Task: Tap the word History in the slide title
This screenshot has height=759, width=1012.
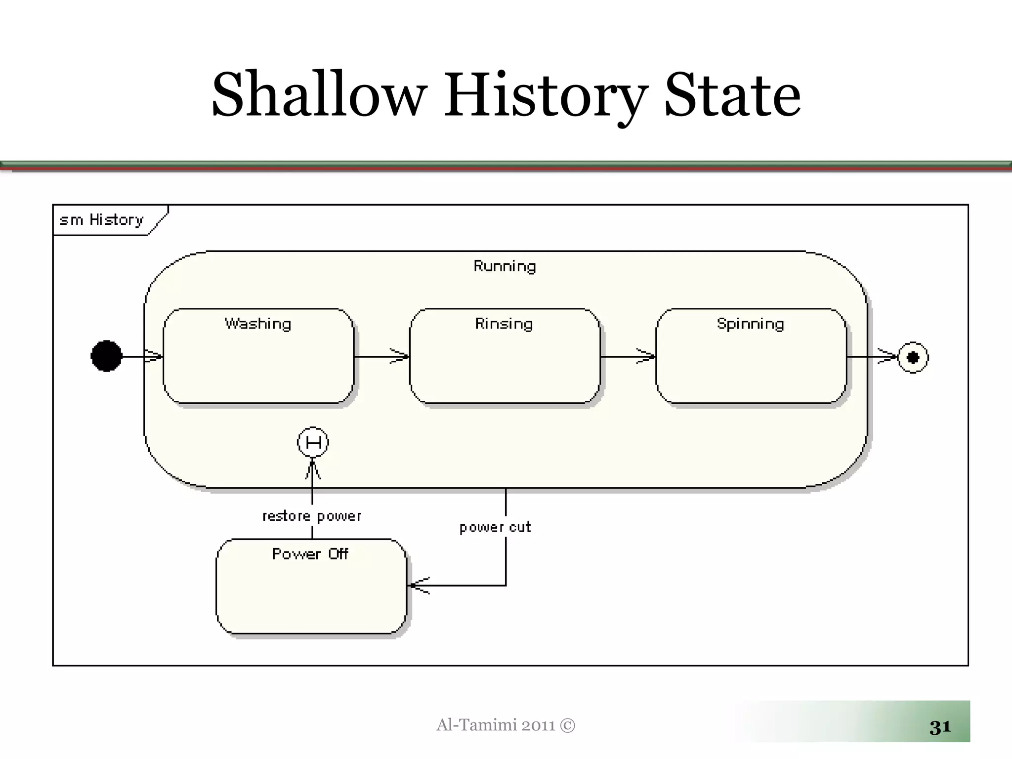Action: pyautogui.click(x=546, y=95)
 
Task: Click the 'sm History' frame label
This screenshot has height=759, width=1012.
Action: pyautogui.click(x=102, y=220)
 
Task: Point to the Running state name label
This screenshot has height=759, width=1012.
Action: pyautogui.click(x=505, y=266)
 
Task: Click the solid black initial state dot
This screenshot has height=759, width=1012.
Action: pyautogui.click(x=106, y=356)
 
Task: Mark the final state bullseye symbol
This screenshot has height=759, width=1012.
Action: pyautogui.click(x=913, y=357)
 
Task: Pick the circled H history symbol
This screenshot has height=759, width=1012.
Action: pyautogui.click(x=313, y=442)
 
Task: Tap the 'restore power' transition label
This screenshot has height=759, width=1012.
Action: pyautogui.click(x=312, y=516)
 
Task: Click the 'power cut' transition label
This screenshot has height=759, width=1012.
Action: pyautogui.click(x=495, y=527)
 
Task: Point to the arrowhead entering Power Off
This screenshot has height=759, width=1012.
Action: pyautogui.click(x=419, y=586)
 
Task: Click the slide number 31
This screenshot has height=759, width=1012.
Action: pyautogui.click(x=940, y=727)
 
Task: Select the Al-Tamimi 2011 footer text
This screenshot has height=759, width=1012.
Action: pyautogui.click(x=506, y=725)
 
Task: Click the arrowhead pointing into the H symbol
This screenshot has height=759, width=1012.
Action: pyautogui.click(x=312, y=469)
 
